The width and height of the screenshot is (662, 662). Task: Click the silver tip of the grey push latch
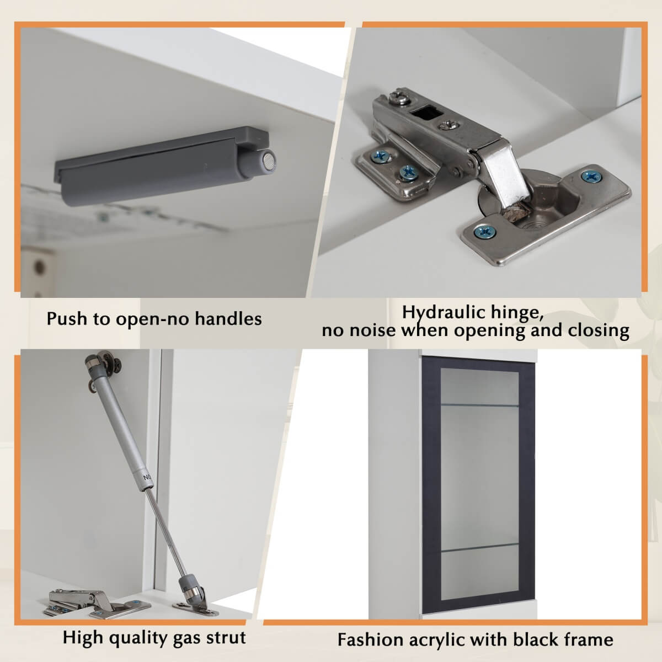269,161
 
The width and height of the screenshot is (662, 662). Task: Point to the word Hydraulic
444,313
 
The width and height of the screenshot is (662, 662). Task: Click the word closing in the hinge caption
599,330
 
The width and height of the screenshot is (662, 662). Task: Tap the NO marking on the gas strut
147,477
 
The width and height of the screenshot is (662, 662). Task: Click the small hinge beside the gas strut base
96,604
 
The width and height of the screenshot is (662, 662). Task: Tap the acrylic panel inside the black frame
479,484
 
